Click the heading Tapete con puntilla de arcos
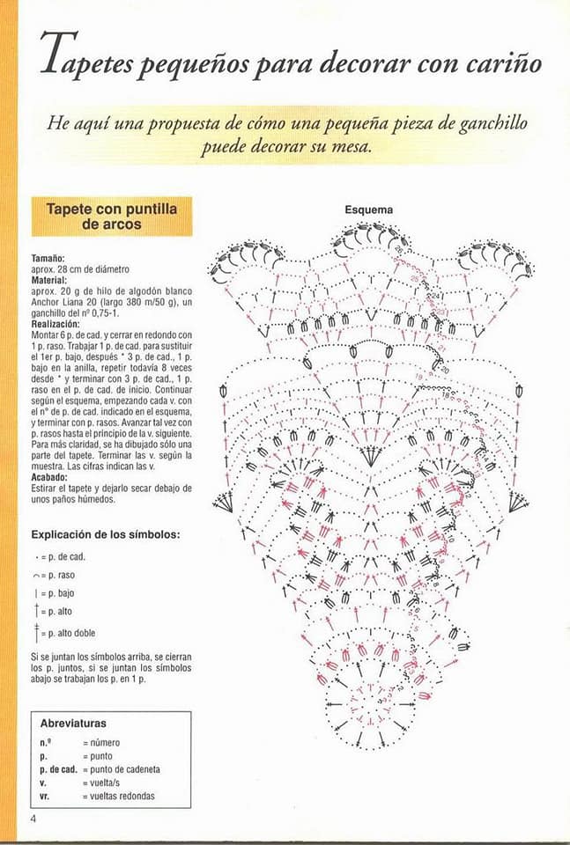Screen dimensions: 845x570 coord(111,217)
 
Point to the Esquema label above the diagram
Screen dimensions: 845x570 coord(369,210)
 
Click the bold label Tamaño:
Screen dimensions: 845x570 coord(48,258)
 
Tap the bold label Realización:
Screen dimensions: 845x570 coord(56,324)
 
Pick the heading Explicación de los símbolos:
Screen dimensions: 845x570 coord(106,534)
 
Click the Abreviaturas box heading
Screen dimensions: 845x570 coord(74,724)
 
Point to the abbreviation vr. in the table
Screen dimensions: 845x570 coord(45,796)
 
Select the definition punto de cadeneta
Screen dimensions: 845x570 coord(122,769)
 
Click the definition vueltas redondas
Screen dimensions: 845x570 coord(119,796)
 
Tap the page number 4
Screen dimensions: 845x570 coord(33,819)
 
